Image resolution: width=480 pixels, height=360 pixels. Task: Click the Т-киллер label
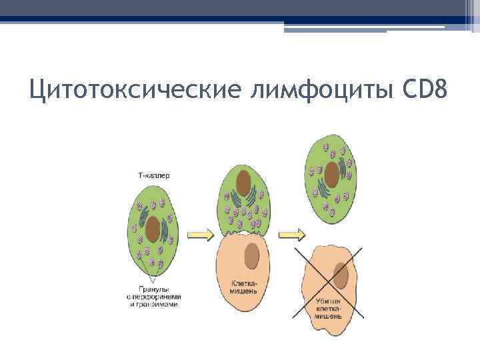tap(154, 176)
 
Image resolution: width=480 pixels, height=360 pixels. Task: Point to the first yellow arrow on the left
tap(200, 234)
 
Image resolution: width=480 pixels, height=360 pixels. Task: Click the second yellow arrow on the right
tap(291, 234)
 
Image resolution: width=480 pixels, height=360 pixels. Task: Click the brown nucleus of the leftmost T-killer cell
tap(154, 229)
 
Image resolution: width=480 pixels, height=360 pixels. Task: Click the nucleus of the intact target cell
tap(252, 255)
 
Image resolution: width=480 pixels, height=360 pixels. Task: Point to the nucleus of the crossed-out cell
tap(341, 275)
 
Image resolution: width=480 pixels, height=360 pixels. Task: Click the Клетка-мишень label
tap(243, 287)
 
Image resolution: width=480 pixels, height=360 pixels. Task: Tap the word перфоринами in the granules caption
tap(157, 296)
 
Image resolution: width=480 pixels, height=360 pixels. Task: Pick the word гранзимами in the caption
tap(157, 304)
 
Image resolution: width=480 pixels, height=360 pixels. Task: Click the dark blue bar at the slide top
tap(240, 20)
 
